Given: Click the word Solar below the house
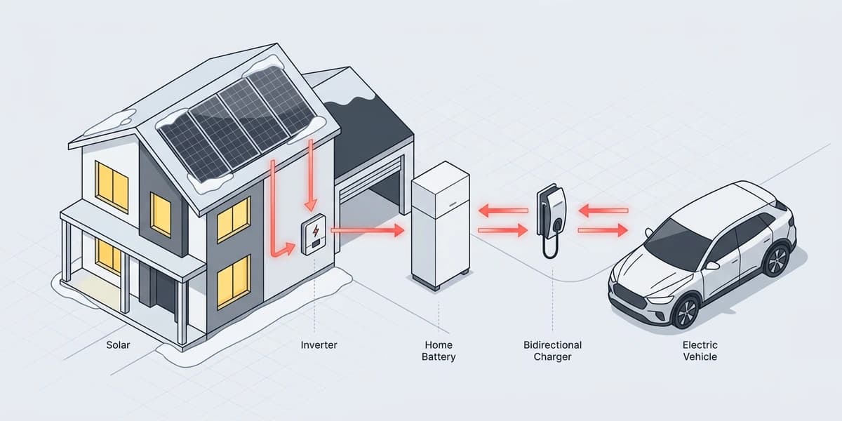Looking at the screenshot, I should point(118,345).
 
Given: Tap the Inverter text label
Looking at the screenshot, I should point(318,345).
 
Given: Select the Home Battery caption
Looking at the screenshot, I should point(439,351).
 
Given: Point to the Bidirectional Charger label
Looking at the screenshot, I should point(552,351).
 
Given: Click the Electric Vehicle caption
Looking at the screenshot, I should point(700,351).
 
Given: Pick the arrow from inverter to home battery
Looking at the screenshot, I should point(367,229).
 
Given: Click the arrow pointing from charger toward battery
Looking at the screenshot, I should point(502,210).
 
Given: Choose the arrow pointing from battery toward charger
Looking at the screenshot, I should point(502,229).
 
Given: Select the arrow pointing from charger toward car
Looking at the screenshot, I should point(603,229).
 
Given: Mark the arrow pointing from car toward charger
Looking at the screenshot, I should point(603,210).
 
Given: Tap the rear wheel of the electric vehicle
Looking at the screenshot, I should point(777,259).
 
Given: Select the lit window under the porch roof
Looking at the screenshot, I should point(107,255).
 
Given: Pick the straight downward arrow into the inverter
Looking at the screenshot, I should point(309,175).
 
